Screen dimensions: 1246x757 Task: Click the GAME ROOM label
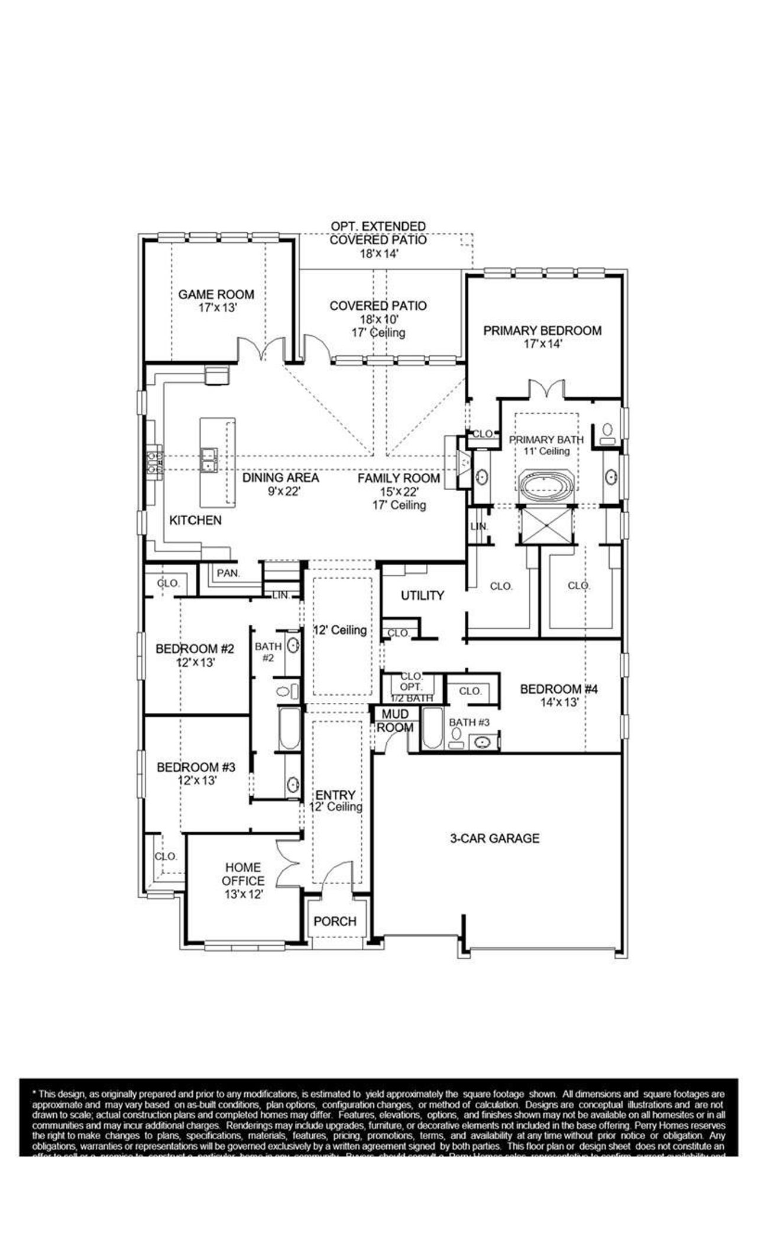click(216, 294)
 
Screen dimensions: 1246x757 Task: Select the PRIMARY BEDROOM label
click(542, 330)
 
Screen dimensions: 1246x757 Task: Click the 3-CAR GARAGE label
click(494, 838)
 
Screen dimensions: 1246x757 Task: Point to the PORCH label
click(335, 921)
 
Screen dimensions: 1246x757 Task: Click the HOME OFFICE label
click(243, 874)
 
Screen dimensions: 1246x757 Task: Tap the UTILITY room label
click(422, 595)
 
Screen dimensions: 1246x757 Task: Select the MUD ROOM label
click(395, 721)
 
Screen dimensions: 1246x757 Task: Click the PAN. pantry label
click(228, 573)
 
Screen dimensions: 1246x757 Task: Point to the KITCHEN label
click(195, 520)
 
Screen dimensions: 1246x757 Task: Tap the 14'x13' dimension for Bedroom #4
click(558, 702)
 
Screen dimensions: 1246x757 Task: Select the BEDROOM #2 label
click(195, 649)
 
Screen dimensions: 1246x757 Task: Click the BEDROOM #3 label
click(196, 767)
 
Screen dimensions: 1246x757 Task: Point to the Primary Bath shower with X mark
click(546, 525)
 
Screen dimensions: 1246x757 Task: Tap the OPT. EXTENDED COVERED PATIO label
click(378, 233)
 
